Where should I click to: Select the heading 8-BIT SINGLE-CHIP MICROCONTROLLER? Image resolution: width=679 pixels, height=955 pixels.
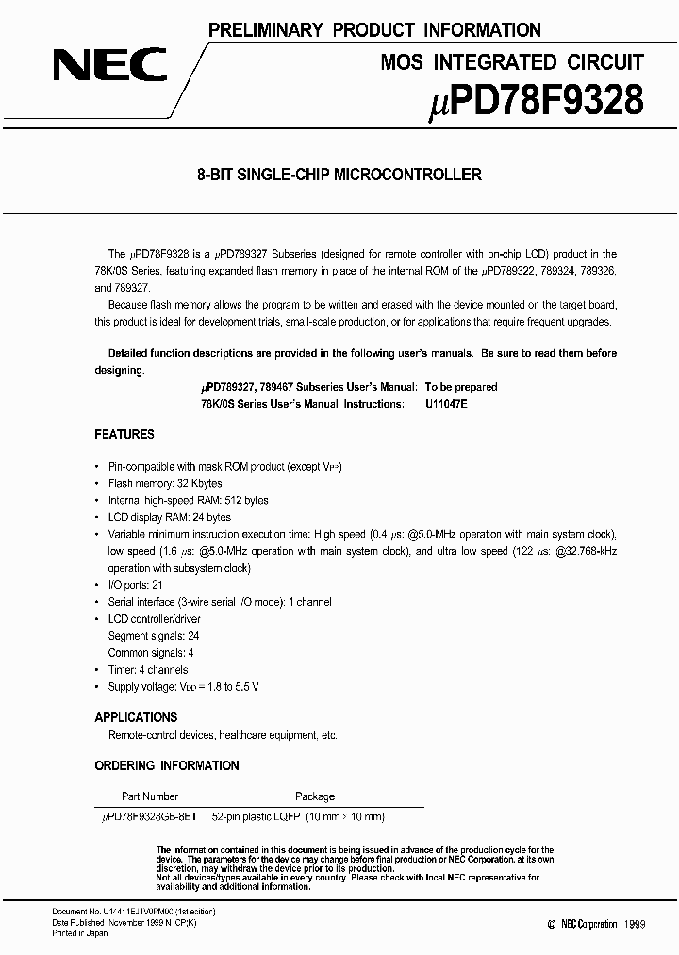pyautogui.click(x=339, y=175)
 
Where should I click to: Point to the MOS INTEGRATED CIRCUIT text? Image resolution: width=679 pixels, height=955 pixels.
pyautogui.click(x=512, y=62)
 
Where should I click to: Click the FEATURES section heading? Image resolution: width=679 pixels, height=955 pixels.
pyautogui.click(x=124, y=435)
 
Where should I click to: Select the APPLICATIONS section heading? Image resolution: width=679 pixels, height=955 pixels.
pyautogui.click(x=136, y=717)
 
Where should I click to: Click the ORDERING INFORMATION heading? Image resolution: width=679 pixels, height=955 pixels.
pyautogui.click(x=167, y=765)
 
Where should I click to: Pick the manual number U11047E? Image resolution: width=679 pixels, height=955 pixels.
pyautogui.click(x=446, y=403)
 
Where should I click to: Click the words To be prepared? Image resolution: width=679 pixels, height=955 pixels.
pyautogui.click(x=461, y=387)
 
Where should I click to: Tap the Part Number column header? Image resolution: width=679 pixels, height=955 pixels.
pyautogui.click(x=150, y=796)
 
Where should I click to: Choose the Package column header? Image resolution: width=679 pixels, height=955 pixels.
pyautogui.click(x=315, y=796)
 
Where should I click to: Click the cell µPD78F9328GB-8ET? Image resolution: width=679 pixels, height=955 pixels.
pyautogui.click(x=150, y=816)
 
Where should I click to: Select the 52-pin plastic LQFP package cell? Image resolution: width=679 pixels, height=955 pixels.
pyautogui.click(x=298, y=816)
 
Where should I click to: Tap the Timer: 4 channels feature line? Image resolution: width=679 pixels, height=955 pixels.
pyautogui.click(x=154, y=670)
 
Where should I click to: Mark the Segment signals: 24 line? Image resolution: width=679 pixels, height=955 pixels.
pyautogui.click(x=154, y=636)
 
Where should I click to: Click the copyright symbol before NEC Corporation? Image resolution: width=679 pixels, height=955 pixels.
pyautogui.click(x=552, y=925)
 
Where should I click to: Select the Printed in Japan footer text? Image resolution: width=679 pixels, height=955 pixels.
pyautogui.click(x=79, y=933)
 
